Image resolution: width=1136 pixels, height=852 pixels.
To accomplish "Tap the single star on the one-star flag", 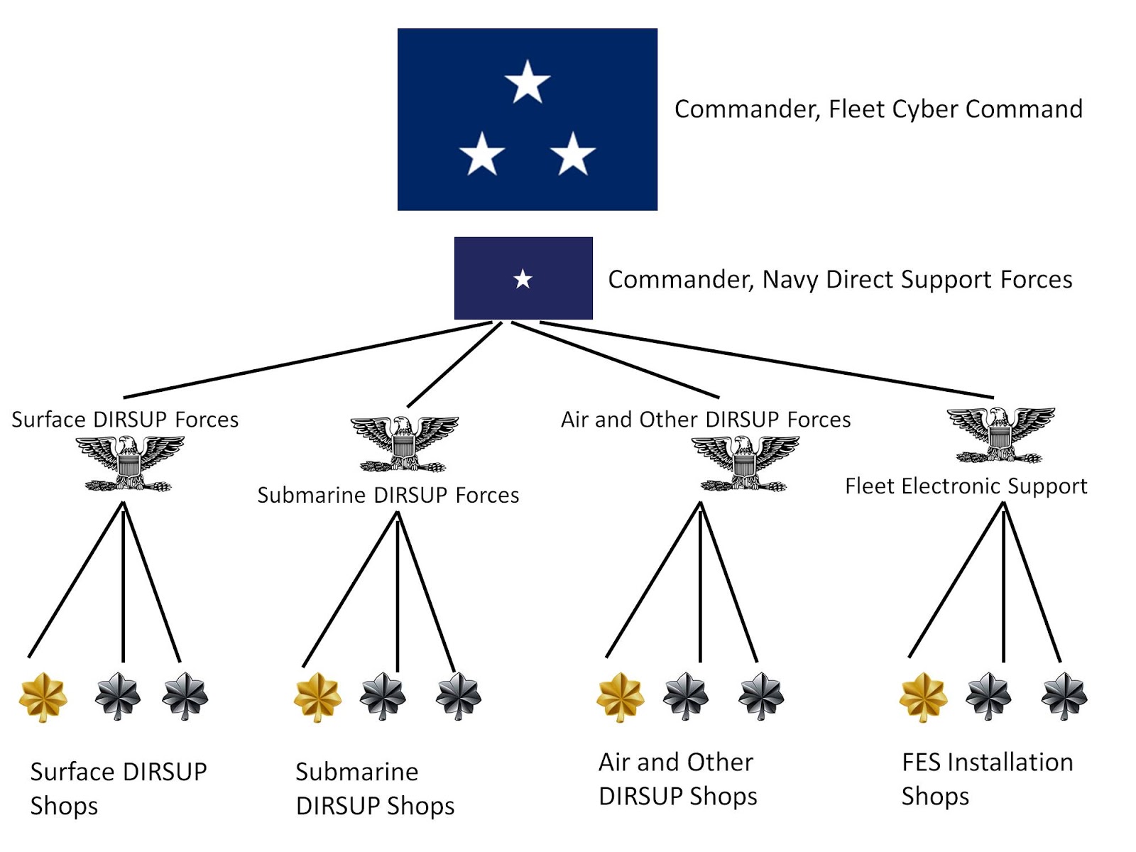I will [x=523, y=279].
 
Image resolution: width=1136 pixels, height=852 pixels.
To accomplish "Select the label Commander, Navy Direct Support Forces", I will [x=840, y=280].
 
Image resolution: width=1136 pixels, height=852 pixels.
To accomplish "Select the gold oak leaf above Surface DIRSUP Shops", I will [x=43, y=697].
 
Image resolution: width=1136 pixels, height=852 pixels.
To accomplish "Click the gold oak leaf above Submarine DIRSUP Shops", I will [x=317, y=697].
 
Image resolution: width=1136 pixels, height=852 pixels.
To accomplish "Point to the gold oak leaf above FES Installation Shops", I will [x=923, y=697].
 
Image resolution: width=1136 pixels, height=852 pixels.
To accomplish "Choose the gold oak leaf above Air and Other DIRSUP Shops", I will [x=620, y=697].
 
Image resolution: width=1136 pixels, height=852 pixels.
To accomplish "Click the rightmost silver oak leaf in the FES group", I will [x=1064, y=696].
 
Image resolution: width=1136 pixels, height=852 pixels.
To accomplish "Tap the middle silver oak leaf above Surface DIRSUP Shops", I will [x=118, y=696].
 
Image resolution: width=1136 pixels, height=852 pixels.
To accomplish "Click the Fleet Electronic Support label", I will [x=966, y=486].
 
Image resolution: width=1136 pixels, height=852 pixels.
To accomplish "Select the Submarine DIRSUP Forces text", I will [x=388, y=495].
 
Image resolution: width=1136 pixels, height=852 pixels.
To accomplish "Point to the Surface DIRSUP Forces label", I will [x=125, y=420].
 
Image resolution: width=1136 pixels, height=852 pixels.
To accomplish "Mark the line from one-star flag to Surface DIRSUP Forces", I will [x=305, y=360].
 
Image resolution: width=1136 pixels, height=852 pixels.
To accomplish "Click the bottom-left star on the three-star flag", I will [x=481, y=153].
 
